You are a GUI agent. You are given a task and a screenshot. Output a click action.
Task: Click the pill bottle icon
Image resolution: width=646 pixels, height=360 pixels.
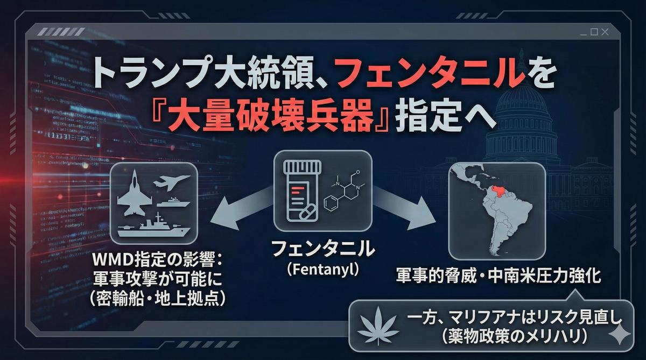tap(301, 191)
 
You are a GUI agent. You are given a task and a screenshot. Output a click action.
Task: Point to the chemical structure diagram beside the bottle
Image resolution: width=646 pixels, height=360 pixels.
tap(344, 191)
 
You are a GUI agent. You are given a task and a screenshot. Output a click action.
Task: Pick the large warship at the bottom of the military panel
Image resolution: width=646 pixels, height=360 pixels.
tap(154, 226)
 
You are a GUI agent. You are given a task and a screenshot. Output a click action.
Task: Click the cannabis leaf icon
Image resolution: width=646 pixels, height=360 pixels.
tap(378, 326)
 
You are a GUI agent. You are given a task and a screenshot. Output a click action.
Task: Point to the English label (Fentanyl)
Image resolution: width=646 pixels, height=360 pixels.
tap(323, 270)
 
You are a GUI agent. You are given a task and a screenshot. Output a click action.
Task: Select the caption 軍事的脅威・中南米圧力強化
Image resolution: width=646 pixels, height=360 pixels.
tap(498, 276)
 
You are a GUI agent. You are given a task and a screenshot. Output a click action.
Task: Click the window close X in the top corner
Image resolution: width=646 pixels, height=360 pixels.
tap(605, 32)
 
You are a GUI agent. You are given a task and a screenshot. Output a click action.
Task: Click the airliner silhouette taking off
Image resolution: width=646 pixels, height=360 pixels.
tap(172, 182)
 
